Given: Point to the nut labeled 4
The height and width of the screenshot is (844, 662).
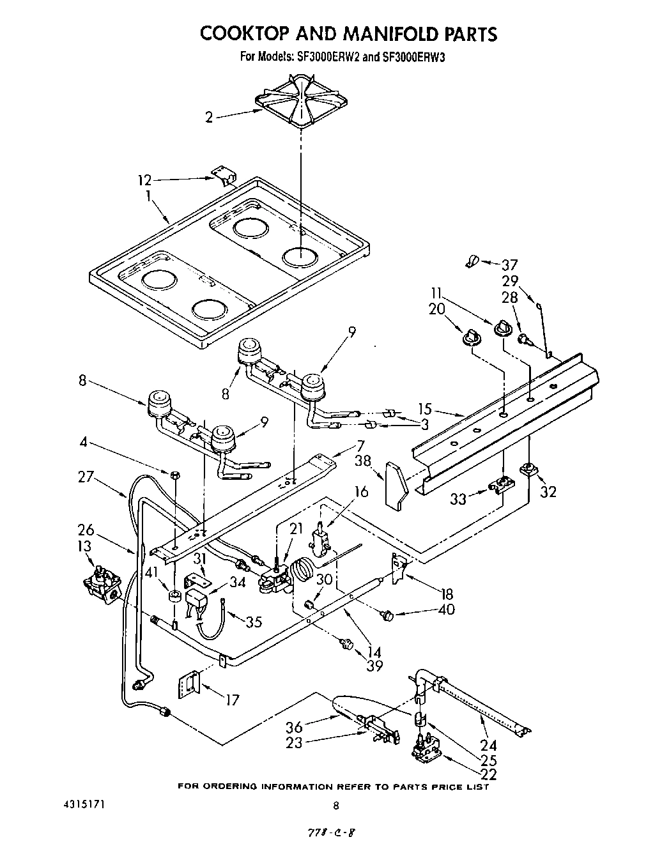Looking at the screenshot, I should point(174,474).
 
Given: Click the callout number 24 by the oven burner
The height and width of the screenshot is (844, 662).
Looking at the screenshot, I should point(488,744).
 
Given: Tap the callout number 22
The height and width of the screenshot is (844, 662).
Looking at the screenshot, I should point(488,775).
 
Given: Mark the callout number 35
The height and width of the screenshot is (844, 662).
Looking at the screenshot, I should point(254,621).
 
